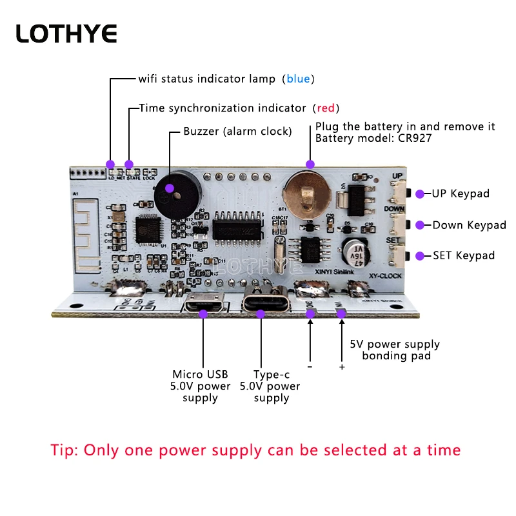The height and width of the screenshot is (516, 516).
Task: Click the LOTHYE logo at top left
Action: click(x=66, y=34)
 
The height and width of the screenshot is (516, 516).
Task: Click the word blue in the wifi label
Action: click(x=298, y=79)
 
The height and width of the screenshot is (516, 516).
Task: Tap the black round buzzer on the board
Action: click(x=172, y=195)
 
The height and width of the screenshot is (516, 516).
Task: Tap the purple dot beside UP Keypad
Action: click(x=420, y=193)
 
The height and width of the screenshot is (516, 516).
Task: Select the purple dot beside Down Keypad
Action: click(x=420, y=225)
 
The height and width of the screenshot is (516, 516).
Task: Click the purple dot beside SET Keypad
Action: click(x=420, y=255)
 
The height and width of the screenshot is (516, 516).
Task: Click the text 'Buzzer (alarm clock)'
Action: click(x=237, y=132)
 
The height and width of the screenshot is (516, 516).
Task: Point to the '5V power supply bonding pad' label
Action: click(x=394, y=350)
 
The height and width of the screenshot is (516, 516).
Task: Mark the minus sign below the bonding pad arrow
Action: click(x=310, y=366)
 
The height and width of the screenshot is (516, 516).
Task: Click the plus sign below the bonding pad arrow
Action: click(x=342, y=367)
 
